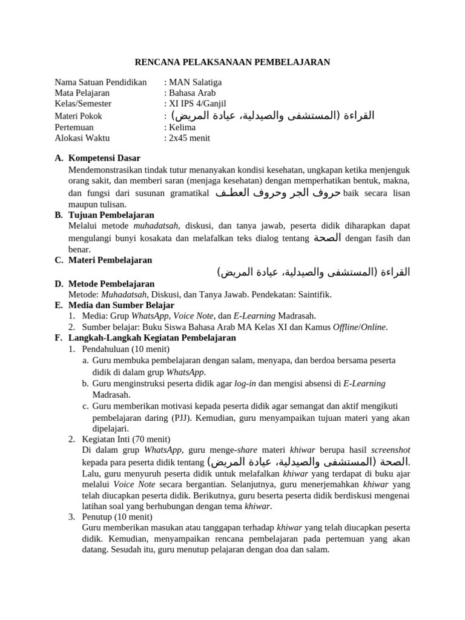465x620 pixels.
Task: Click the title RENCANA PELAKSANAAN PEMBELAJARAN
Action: point(232,62)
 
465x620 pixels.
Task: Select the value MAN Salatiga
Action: point(189,82)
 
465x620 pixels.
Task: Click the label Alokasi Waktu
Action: point(82,138)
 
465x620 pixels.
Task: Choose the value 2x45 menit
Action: point(189,138)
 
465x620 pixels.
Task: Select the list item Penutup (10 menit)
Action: point(117,517)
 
